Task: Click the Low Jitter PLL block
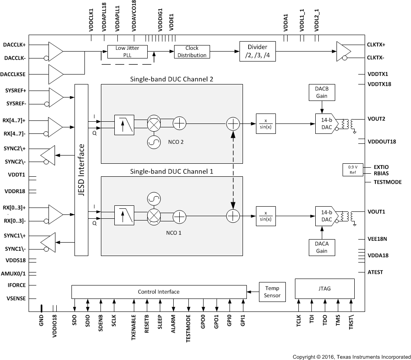coord(127,52)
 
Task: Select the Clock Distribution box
coord(192,52)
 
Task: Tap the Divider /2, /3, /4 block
coord(257,52)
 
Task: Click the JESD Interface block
coord(82,170)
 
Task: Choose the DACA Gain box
coord(321,247)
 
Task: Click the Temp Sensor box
coord(272,292)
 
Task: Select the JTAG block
coord(324,289)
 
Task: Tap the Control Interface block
coord(159,292)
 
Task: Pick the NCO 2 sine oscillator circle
coord(154,142)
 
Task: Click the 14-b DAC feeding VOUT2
coord(325,123)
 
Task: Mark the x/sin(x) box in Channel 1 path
coord(266,215)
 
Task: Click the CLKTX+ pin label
coord(376,45)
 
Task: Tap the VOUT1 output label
coord(376,212)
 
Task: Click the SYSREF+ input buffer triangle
coord(56,97)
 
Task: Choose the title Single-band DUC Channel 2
coord(172,79)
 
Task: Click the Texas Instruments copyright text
coord(351,357)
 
